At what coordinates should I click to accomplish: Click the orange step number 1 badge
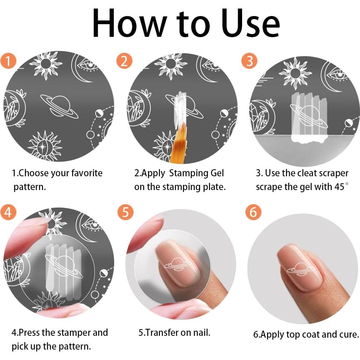[x=8, y=61]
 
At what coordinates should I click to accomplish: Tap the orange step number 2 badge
[x=124, y=61]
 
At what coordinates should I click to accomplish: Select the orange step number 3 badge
[x=249, y=61]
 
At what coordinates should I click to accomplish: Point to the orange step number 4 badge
[x=8, y=212]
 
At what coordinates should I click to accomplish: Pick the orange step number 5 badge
[x=125, y=212]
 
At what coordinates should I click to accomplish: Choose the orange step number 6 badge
[x=253, y=212]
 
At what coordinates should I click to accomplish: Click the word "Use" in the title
[x=251, y=23]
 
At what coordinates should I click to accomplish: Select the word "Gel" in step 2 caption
[x=217, y=173]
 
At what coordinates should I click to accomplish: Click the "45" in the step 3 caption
[x=339, y=187]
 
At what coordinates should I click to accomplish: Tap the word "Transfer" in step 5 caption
[x=162, y=332]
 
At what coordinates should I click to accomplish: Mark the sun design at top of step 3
[x=295, y=73]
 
